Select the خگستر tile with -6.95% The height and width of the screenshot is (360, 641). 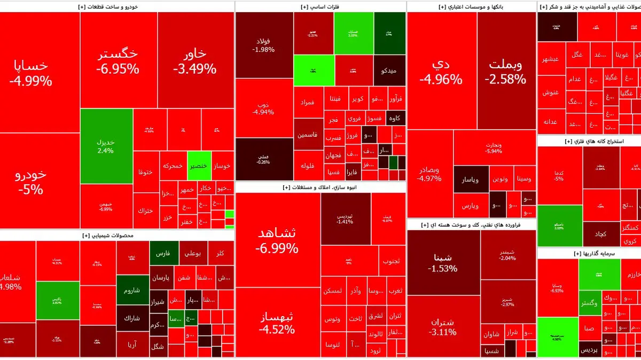(118, 61)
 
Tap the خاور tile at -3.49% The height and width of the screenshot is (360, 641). (194, 61)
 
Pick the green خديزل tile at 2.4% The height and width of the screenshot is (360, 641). (106, 146)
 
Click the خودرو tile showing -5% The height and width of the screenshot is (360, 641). (30, 182)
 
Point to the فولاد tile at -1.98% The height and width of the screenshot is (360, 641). (264, 45)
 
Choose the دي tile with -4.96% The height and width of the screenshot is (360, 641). (441, 72)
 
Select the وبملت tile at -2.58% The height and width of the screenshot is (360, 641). (505, 72)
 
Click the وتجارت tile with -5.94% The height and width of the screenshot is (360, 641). (494, 147)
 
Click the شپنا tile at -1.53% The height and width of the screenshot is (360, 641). (443, 262)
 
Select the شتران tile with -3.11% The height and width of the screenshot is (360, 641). (442, 326)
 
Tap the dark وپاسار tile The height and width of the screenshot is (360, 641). (471, 180)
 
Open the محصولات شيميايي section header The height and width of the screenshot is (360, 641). (116, 236)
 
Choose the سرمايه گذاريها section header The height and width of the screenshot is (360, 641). (589, 253)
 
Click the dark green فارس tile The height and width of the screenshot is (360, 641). (163, 253)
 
